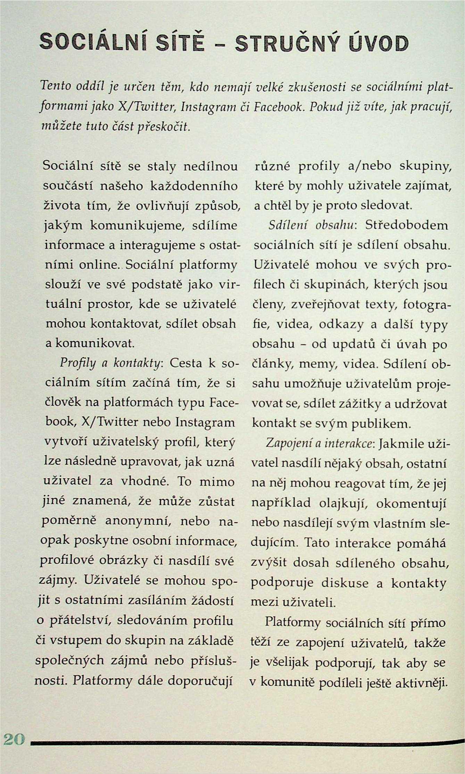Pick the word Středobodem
click(406, 226)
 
